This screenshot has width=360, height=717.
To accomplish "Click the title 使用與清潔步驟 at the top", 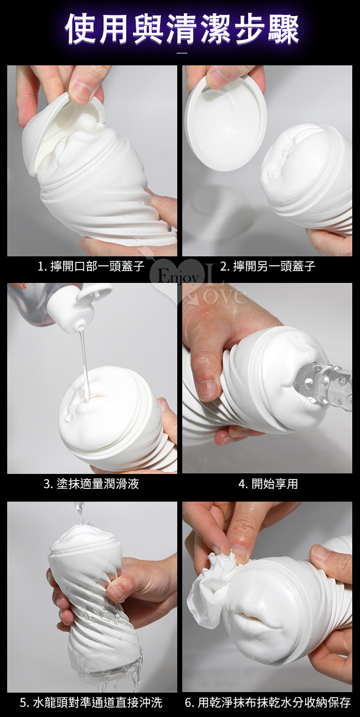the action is point(182,29).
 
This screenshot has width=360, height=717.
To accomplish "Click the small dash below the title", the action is point(182,53).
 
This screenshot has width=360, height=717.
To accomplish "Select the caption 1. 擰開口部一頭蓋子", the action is point(91,266).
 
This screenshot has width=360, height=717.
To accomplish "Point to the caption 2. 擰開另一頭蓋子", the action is point(268,266).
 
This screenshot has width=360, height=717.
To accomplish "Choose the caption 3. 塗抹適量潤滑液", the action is point(91,484).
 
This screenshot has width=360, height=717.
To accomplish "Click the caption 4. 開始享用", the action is point(268,484).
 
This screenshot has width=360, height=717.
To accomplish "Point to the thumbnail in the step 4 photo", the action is point(209,390).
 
